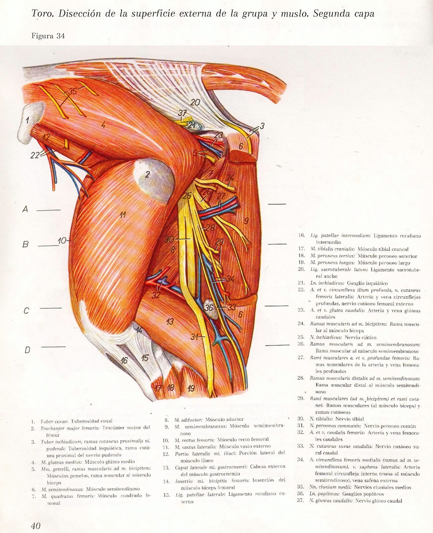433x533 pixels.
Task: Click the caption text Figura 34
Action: [x=48, y=36]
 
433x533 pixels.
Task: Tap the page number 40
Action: [x=36, y=526]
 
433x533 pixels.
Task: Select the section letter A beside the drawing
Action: [x=25, y=210]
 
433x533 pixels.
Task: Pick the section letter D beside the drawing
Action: [x=27, y=350]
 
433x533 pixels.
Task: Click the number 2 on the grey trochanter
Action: [x=147, y=174]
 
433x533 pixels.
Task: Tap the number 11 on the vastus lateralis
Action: [x=123, y=215]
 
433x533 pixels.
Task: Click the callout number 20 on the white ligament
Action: [x=195, y=102]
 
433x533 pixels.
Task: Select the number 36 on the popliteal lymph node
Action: [x=209, y=307]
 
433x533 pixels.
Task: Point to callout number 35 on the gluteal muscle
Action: [x=73, y=91]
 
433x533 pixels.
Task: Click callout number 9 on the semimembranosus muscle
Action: [x=246, y=220]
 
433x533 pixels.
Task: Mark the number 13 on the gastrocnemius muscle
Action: [x=170, y=321]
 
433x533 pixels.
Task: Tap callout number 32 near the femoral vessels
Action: [x=156, y=294]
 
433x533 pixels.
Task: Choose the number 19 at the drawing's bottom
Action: [x=191, y=388]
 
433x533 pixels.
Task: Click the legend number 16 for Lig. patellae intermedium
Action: [x=301, y=236]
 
